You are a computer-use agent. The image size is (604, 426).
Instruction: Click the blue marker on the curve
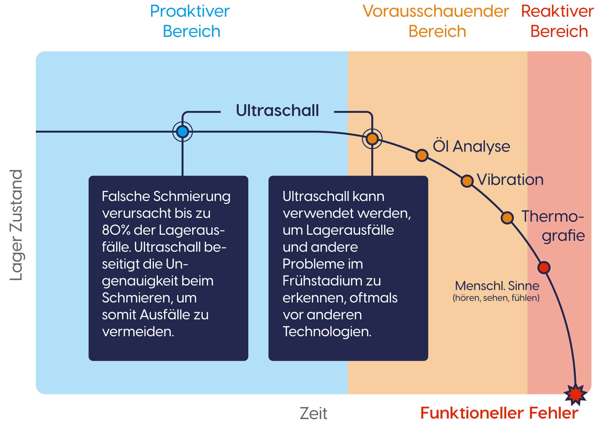pyautogui.click(x=183, y=131)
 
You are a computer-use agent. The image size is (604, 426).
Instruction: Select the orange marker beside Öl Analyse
pyautogui.click(x=422, y=156)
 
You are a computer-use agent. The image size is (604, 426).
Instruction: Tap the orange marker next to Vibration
pyautogui.click(x=467, y=181)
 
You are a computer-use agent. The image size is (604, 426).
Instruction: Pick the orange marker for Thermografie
pyautogui.click(x=507, y=218)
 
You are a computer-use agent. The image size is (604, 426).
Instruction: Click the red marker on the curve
pyautogui.click(x=544, y=268)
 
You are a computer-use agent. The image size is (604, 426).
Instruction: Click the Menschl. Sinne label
pyautogui.click(x=497, y=286)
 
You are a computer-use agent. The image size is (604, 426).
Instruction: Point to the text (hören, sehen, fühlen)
pyautogui.click(x=496, y=298)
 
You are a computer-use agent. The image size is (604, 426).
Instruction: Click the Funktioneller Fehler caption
pyautogui.click(x=499, y=413)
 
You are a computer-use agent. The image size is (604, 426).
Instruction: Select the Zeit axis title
pyautogui.click(x=313, y=413)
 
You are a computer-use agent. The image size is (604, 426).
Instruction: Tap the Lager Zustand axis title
pyautogui.click(x=16, y=225)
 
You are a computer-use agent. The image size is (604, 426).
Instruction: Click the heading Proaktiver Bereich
pyautogui.click(x=190, y=21)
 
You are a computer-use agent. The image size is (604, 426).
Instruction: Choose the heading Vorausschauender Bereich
pyautogui.click(x=436, y=21)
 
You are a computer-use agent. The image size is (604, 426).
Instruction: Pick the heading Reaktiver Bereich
pyautogui.click(x=558, y=21)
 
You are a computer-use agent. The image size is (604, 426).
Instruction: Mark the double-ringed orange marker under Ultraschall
pyautogui.click(x=372, y=138)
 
